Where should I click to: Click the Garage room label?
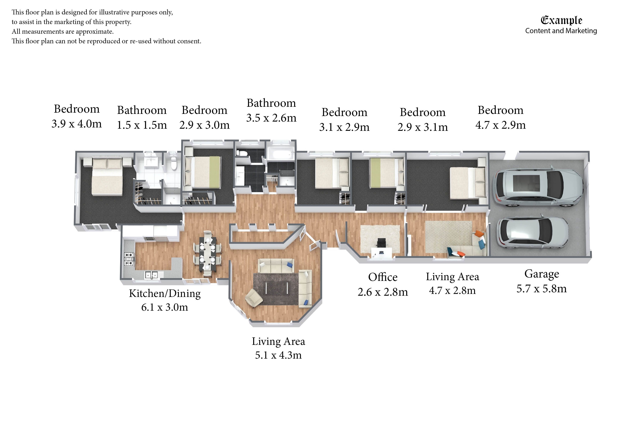(541, 274)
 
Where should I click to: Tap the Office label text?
(383, 277)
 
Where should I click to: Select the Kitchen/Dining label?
(165, 294)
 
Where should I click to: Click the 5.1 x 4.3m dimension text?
(278, 355)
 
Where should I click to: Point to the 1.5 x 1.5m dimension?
(142, 125)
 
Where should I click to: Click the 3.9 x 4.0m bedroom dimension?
(76, 124)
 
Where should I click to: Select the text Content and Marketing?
(561, 31)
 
